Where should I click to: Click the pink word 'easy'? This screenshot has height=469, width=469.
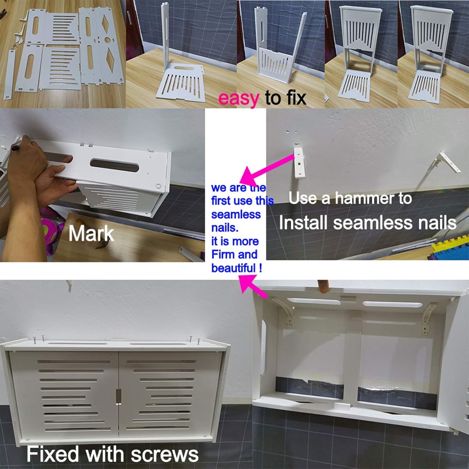(238, 98)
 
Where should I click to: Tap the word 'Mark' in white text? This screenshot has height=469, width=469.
(91, 234)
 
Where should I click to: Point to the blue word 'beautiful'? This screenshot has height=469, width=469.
(234, 268)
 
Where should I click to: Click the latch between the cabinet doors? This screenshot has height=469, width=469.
(118, 396)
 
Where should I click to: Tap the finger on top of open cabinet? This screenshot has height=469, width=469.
(323, 286)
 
